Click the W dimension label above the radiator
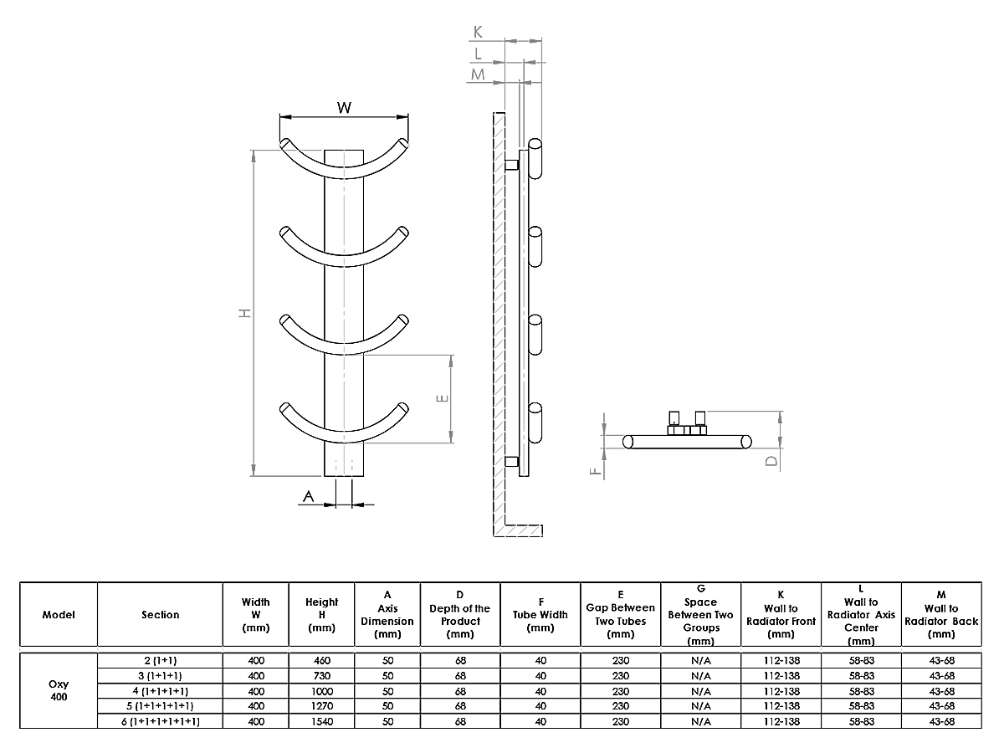click(344, 108)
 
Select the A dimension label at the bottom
click(308, 497)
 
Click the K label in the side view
click(478, 32)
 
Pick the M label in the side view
click(478, 75)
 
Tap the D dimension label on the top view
click(771, 460)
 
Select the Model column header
click(59, 615)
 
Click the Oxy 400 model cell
click(59, 689)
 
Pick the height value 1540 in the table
click(321, 721)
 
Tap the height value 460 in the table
click(321, 660)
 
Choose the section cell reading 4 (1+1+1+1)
click(160, 690)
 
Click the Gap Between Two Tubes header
click(620, 615)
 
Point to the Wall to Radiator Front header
click(781, 615)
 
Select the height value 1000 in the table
click(321, 690)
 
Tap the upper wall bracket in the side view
click(511, 164)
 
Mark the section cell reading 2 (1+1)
click(160, 660)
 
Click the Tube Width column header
click(540, 615)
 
